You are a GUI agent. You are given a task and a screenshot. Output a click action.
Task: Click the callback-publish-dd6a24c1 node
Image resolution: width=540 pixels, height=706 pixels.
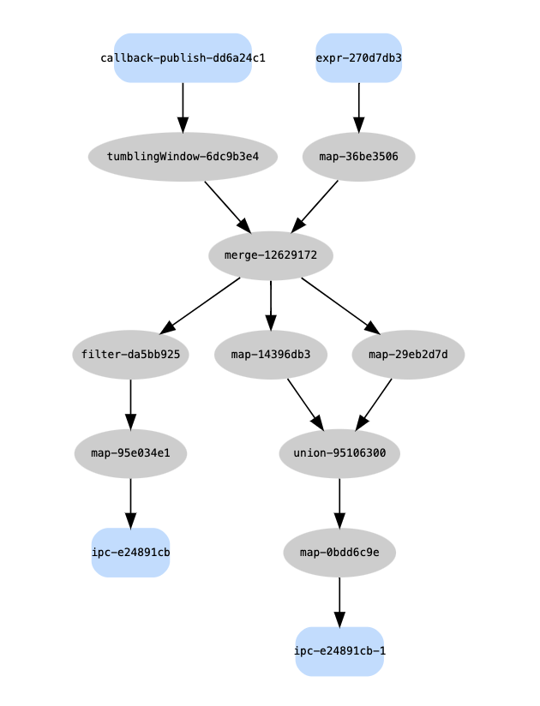[183, 58]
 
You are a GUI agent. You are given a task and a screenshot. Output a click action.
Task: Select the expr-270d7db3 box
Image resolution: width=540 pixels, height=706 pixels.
[358, 58]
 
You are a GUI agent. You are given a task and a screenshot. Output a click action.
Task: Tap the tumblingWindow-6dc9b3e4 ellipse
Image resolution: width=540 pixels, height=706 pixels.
[183, 157]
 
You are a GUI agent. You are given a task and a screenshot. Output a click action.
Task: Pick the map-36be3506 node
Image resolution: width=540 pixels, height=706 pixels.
[358, 157]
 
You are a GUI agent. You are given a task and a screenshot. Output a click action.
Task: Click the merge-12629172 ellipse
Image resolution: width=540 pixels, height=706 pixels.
[271, 255]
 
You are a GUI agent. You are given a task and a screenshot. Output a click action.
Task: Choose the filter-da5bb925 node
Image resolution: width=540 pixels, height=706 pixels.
[130, 354]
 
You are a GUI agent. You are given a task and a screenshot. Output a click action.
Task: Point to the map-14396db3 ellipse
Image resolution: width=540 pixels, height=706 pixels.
[271, 354]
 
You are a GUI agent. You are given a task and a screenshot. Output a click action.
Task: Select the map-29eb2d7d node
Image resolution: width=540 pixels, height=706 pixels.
[408, 354]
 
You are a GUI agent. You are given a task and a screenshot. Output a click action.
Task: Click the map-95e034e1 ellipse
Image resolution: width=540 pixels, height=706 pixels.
[130, 453]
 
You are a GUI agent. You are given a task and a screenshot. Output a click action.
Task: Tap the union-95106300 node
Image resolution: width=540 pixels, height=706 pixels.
[339, 453]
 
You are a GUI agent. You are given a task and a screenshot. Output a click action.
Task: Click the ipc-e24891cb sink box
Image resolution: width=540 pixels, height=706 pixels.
[130, 553]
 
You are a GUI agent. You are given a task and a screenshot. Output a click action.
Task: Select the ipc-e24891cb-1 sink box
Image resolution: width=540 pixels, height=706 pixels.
[339, 651]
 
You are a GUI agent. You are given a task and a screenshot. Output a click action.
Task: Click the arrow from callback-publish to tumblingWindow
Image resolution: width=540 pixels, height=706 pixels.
[183, 107]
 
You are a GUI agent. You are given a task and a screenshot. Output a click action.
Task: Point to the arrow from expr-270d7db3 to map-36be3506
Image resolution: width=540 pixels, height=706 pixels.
[358, 107]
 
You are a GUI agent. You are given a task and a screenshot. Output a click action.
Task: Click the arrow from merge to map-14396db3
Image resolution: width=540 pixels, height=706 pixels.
[271, 304]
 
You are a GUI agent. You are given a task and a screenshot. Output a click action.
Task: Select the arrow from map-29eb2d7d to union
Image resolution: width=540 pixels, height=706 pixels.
[375, 404]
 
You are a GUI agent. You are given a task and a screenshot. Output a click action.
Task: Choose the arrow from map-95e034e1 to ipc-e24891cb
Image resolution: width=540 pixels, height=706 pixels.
[130, 503]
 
